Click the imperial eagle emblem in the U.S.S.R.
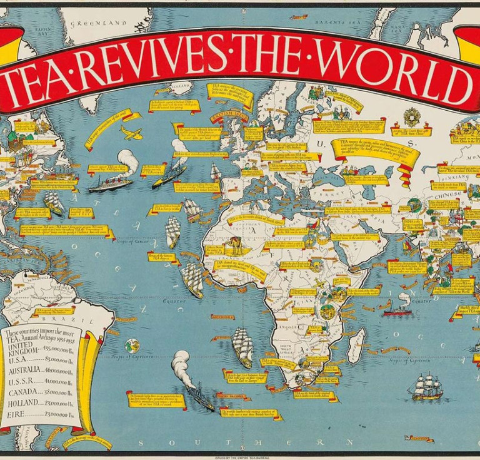tap(413, 116)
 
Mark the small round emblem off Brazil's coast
tap(132, 344)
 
